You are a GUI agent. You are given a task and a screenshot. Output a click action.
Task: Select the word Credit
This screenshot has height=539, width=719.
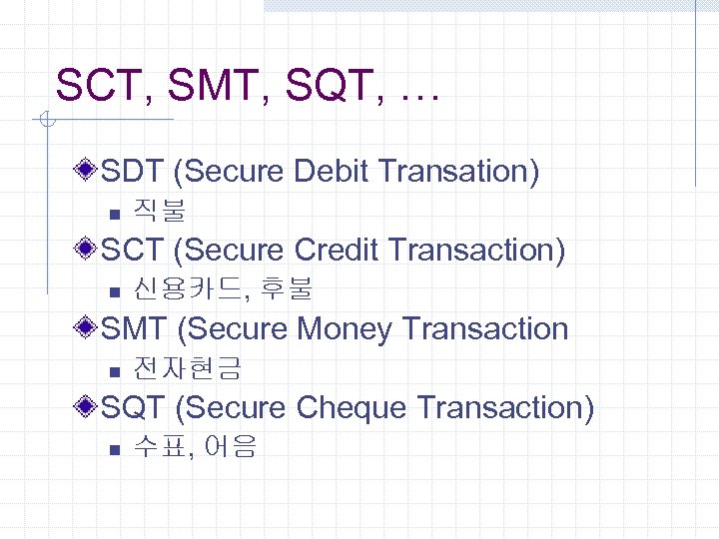(342, 250)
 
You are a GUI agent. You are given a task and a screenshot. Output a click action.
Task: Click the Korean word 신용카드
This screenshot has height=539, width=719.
(187, 290)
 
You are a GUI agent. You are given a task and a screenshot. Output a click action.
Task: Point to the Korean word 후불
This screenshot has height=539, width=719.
(286, 290)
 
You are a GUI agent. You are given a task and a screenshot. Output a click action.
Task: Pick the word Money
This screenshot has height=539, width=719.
(344, 328)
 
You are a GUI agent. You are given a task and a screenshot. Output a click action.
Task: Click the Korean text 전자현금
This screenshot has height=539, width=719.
(187, 369)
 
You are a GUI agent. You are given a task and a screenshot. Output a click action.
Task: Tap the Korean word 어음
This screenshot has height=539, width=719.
(230, 448)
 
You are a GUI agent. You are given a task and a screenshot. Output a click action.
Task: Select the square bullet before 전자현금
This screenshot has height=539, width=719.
(115, 371)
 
